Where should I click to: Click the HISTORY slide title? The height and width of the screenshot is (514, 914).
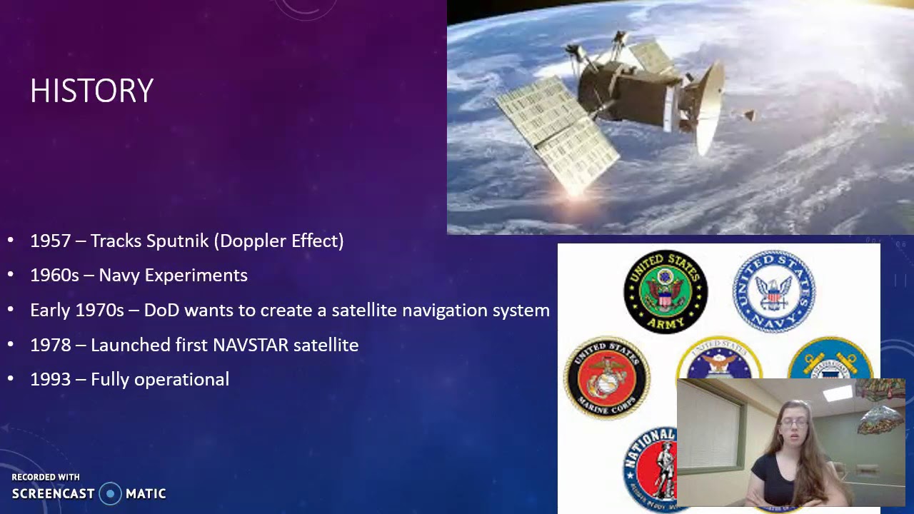click(91, 91)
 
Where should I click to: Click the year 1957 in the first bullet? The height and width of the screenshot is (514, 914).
click(51, 241)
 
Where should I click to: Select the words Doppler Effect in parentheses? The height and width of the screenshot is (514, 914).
click(281, 241)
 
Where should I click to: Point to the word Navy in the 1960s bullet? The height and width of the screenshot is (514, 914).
click(116, 276)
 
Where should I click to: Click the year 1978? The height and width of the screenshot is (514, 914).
click(51, 346)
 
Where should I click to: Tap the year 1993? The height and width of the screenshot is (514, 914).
click(51, 380)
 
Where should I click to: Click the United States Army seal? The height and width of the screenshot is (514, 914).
click(666, 291)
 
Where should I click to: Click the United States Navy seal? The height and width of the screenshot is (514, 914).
click(773, 291)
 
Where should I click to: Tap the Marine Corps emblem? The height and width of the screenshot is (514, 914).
click(607, 378)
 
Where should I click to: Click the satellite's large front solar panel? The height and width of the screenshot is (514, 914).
click(557, 132)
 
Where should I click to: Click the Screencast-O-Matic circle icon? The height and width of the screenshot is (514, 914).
click(110, 493)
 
